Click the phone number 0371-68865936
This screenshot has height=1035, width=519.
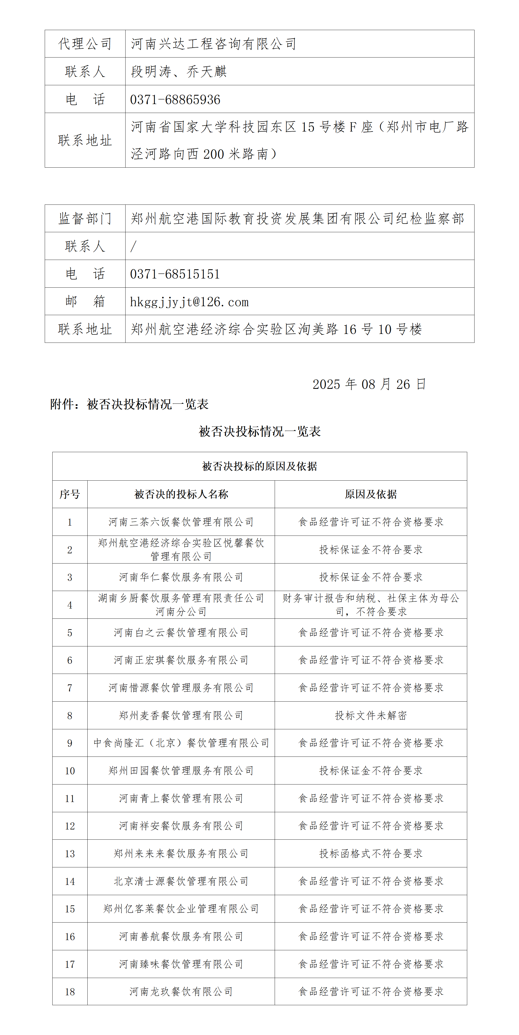pos(175,100)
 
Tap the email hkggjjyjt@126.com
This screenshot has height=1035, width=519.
pos(189,302)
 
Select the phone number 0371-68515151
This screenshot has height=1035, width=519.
pos(175,274)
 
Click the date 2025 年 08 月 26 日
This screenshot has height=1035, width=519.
pos(369,384)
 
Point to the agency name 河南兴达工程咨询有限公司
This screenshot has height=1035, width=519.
pos(213,44)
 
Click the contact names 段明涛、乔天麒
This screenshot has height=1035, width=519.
pos(179,71)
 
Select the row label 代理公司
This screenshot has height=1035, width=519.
pos(85,44)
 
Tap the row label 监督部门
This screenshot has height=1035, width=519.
pos(85,219)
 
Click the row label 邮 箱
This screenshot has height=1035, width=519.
pos(85,301)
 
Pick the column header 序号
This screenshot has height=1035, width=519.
pos(70,494)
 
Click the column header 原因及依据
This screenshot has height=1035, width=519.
pos(371,494)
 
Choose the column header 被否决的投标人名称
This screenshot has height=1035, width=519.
pos(181,494)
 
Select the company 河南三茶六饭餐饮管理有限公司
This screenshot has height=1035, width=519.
pos(181,522)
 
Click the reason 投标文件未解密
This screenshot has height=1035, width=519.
pos(371,715)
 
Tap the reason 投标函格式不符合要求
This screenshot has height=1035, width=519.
pos(371,854)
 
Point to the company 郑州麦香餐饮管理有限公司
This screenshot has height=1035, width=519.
pos(181,715)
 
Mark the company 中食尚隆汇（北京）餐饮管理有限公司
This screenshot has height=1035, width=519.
pos(181,743)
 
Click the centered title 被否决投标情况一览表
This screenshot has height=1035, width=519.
pos(260,431)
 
